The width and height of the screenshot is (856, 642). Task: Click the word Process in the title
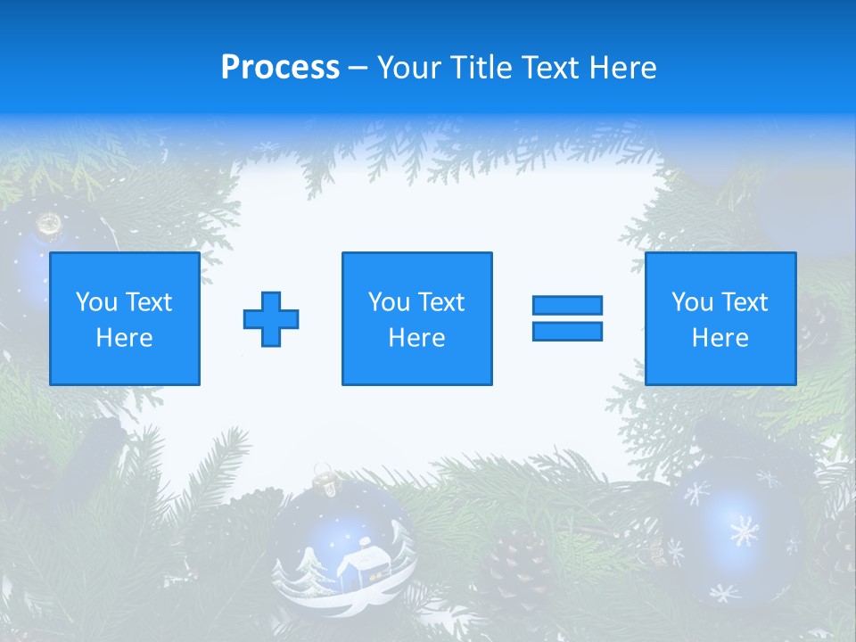[x=280, y=68]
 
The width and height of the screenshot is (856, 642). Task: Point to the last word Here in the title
[x=623, y=68]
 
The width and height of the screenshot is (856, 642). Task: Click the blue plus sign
[x=271, y=319]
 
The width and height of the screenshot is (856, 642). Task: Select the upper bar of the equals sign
[x=567, y=305]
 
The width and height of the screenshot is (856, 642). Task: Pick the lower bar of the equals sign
[x=567, y=331]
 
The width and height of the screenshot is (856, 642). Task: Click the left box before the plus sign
[x=125, y=318]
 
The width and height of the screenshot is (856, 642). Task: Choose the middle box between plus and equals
[x=416, y=318]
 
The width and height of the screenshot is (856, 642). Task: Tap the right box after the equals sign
[x=720, y=318]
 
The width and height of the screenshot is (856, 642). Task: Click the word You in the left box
[x=96, y=302]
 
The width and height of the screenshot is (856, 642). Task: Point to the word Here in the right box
[x=720, y=338]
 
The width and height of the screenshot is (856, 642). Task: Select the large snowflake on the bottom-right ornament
[x=744, y=531]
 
